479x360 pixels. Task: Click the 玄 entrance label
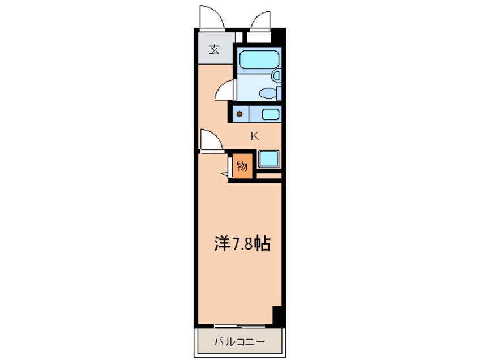pyautogui.click(x=214, y=50)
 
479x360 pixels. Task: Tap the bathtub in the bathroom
pyautogui.click(x=257, y=59)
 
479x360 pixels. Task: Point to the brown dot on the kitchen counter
pyautogui.click(x=239, y=114)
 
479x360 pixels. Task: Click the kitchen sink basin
pyautogui.click(x=270, y=114)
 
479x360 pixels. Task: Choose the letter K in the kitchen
pyautogui.click(x=255, y=136)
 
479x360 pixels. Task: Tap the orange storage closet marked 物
pyautogui.click(x=241, y=166)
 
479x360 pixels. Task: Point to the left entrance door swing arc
pyautogui.click(x=213, y=18)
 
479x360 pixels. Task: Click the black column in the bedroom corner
pyautogui.click(x=277, y=315)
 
